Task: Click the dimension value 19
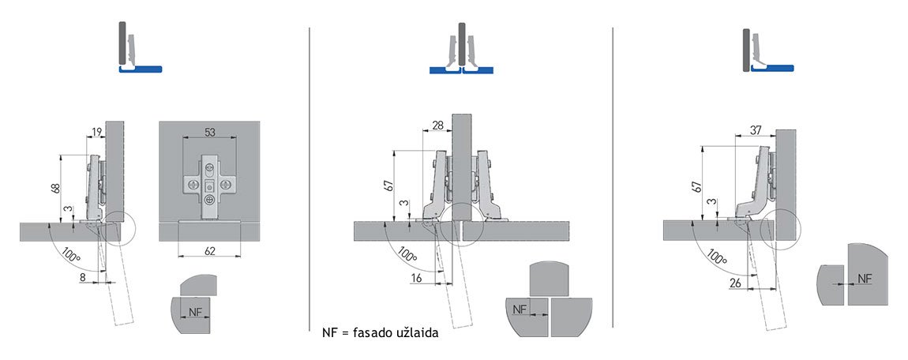(x=96, y=132)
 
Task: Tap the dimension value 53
(x=209, y=132)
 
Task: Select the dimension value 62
(x=209, y=251)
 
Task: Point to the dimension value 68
(x=55, y=189)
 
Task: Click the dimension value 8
(x=83, y=278)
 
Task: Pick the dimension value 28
(x=438, y=125)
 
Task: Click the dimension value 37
(x=755, y=131)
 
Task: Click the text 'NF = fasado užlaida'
(x=380, y=334)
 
